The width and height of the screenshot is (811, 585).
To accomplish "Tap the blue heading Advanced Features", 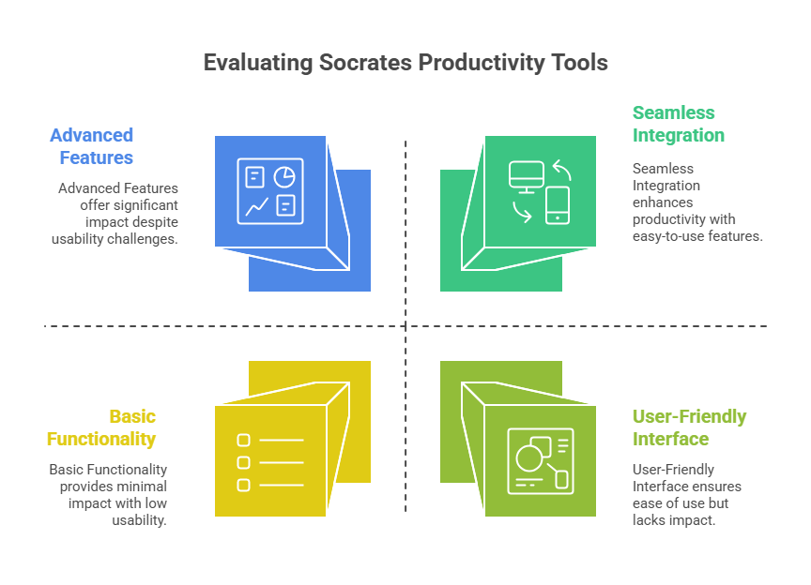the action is pyautogui.click(x=92, y=146).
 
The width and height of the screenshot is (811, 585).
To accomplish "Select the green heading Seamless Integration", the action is pyautogui.click(x=678, y=124).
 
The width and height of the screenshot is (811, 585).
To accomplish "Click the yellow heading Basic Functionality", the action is pyautogui.click(x=101, y=427).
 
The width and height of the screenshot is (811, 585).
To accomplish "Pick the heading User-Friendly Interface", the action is pyautogui.click(x=689, y=427).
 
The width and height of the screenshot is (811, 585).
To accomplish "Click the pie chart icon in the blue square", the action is pyautogui.click(x=284, y=177).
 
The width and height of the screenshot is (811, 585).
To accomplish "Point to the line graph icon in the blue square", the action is pyautogui.click(x=256, y=206).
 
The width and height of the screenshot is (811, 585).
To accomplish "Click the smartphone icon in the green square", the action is pyautogui.click(x=558, y=205).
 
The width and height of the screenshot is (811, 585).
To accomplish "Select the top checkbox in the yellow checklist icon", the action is pyautogui.click(x=243, y=441).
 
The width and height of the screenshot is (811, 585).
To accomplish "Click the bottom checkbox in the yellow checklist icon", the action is pyautogui.click(x=243, y=486).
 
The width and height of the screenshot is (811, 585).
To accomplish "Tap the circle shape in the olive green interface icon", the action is pyautogui.click(x=529, y=457).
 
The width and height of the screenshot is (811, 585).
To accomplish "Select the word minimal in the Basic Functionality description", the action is pyautogui.click(x=142, y=487).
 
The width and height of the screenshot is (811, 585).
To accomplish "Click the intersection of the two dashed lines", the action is pyautogui.click(x=405, y=326).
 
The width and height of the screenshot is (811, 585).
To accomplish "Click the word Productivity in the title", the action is pyautogui.click(x=482, y=63).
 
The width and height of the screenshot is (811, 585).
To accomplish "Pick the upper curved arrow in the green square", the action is pyautogui.click(x=563, y=169).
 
